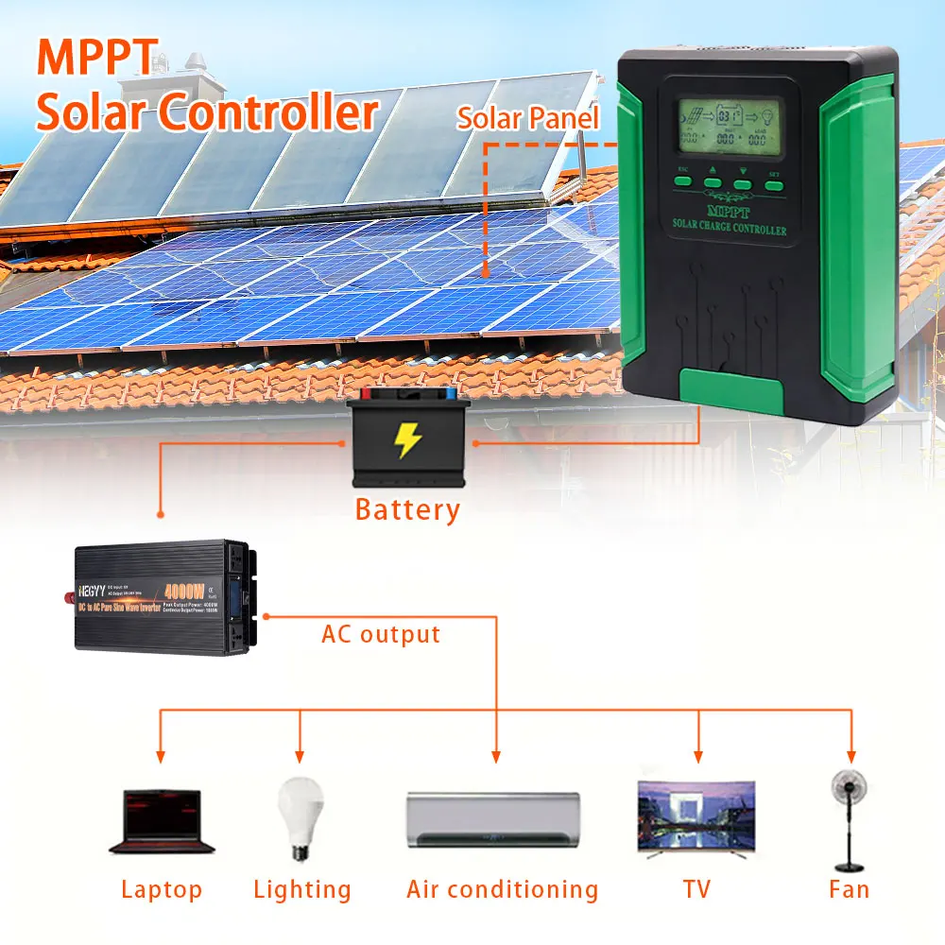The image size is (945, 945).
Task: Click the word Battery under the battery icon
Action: (407, 510)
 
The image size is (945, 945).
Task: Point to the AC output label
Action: (381, 634)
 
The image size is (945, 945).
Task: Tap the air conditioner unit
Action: (492, 819)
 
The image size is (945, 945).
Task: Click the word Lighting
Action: (302, 889)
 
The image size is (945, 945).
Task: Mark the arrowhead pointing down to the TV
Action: (698, 756)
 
